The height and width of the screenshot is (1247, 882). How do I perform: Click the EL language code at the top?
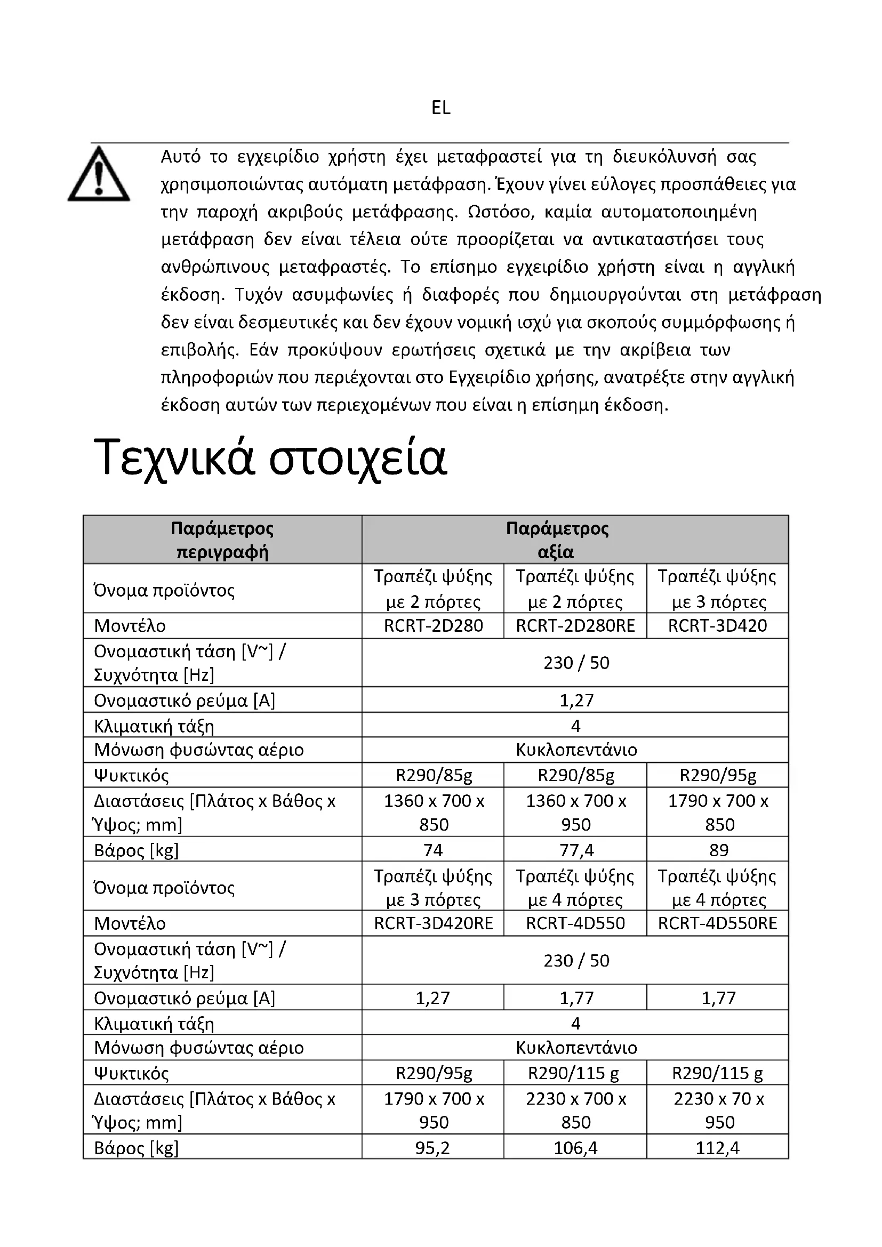pos(440,108)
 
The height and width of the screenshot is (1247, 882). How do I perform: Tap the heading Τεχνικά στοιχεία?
pos(270,458)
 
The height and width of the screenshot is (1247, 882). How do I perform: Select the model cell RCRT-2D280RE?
pos(575,626)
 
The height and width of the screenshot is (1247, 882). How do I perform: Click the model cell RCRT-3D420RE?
pos(433,923)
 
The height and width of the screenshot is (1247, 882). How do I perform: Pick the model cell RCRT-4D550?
pos(575,923)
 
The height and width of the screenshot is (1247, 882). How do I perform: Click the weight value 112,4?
pos(717,1148)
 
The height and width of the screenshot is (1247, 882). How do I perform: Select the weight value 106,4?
pos(575,1148)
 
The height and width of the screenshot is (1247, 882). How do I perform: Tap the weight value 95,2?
pos(433,1148)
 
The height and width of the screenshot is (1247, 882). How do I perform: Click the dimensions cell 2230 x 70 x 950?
pos(718,1110)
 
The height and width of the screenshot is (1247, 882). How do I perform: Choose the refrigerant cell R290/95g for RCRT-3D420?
pos(717,775)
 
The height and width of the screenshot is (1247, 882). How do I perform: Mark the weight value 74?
pos(433,850)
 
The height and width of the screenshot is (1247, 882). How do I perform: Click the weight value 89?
pos(718,850)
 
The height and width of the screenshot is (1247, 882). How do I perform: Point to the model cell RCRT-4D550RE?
pos(717,923)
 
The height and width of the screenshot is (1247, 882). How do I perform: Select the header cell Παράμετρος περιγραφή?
pos(222,540)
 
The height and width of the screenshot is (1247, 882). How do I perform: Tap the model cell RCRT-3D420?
pos(717,626)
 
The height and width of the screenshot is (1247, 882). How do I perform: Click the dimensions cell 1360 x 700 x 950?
pos(575,812)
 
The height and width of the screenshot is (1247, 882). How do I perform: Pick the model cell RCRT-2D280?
pos(433,626)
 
